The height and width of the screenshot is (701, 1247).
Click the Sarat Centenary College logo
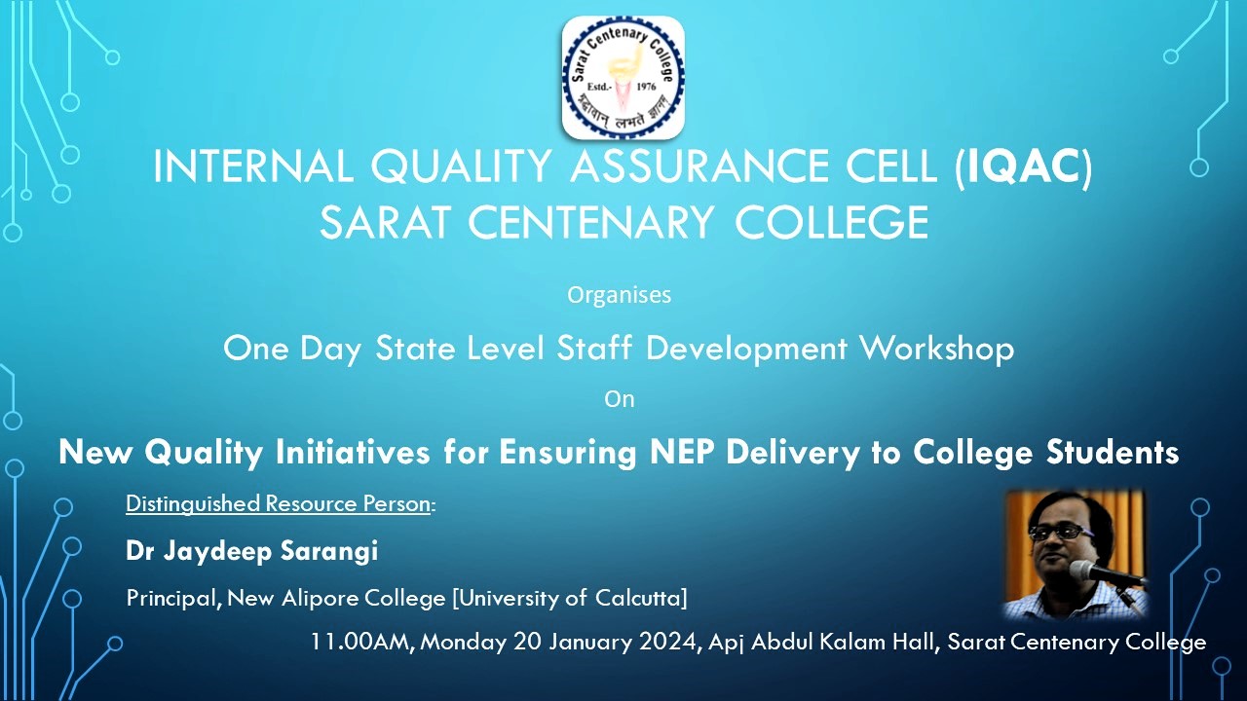[x=623, y=77]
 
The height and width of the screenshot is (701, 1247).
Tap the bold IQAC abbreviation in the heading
[x=1023, y=166]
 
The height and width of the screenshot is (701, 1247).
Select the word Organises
[x=619, y=295]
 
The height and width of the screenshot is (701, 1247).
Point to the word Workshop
[x=937, y=349]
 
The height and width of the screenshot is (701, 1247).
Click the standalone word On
[x=619, y=399]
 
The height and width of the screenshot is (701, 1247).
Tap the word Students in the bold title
[x=1113, y=452]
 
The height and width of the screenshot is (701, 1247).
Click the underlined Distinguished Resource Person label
[x=279, y=503]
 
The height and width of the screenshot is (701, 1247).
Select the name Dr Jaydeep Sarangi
[x=251, y=551]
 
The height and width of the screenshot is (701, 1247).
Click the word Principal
[x=170, y=598]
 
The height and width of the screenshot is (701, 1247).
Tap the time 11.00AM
[x=360, y=642]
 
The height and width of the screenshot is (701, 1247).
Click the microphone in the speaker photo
[x=1105, y=574]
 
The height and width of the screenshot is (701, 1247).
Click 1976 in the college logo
[x=646, y=87]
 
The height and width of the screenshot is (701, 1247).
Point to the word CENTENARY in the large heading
[x=590, y=223]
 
